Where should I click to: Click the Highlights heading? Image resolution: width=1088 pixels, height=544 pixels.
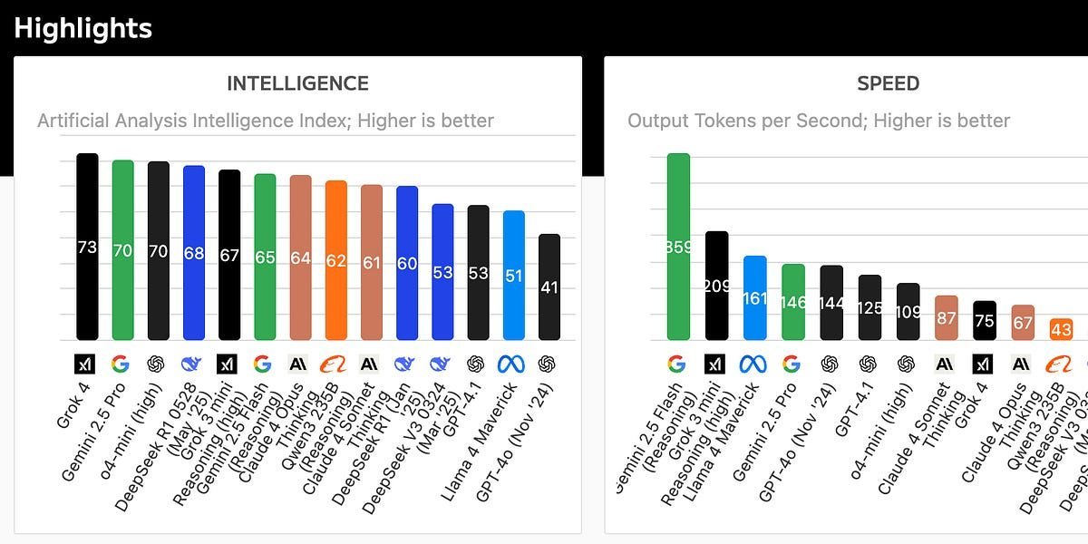pos(83,28)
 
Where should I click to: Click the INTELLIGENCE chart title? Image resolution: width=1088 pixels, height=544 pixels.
pos(297,84)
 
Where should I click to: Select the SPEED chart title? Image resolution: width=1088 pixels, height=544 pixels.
pos(888,84)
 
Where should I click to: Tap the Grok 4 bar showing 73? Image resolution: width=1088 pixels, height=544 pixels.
pos(87,247)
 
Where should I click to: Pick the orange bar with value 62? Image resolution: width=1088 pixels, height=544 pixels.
pos(336,260)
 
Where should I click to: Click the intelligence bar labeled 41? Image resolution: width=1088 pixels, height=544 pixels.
pos(549,287)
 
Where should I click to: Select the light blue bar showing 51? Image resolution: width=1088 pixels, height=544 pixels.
pos(514,276)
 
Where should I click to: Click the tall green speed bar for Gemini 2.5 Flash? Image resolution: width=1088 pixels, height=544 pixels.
pos(678,247)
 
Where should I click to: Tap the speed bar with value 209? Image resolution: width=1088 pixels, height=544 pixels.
pos(717,286)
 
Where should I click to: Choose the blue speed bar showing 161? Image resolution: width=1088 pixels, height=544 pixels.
pos(755,297)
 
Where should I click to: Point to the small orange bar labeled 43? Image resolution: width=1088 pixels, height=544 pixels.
pos(1061,329)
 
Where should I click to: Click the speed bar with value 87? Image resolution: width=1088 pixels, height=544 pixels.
pos(947,317)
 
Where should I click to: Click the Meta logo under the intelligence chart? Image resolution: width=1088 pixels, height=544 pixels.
pos(510,364)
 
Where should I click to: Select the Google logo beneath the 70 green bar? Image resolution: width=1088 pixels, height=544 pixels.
pos(120,364)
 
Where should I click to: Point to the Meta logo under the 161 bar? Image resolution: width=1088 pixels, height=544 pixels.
pos(753,364)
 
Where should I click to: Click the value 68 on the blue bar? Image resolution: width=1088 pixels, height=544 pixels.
pos(194,253)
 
